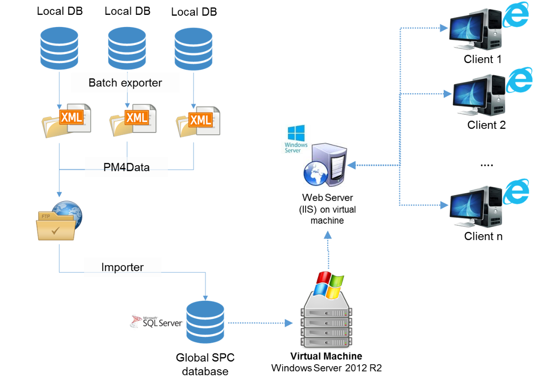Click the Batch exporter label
coord(125,83)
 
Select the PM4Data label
coord(126,168)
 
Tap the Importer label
coord(122,267)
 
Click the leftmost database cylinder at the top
coord(59,48)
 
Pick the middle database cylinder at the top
coord(126,48)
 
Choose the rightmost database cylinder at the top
coord(193,49)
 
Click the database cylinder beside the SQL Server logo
coord(205,322)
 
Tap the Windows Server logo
coord(296,139)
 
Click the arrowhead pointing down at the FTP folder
coord(59,194)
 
